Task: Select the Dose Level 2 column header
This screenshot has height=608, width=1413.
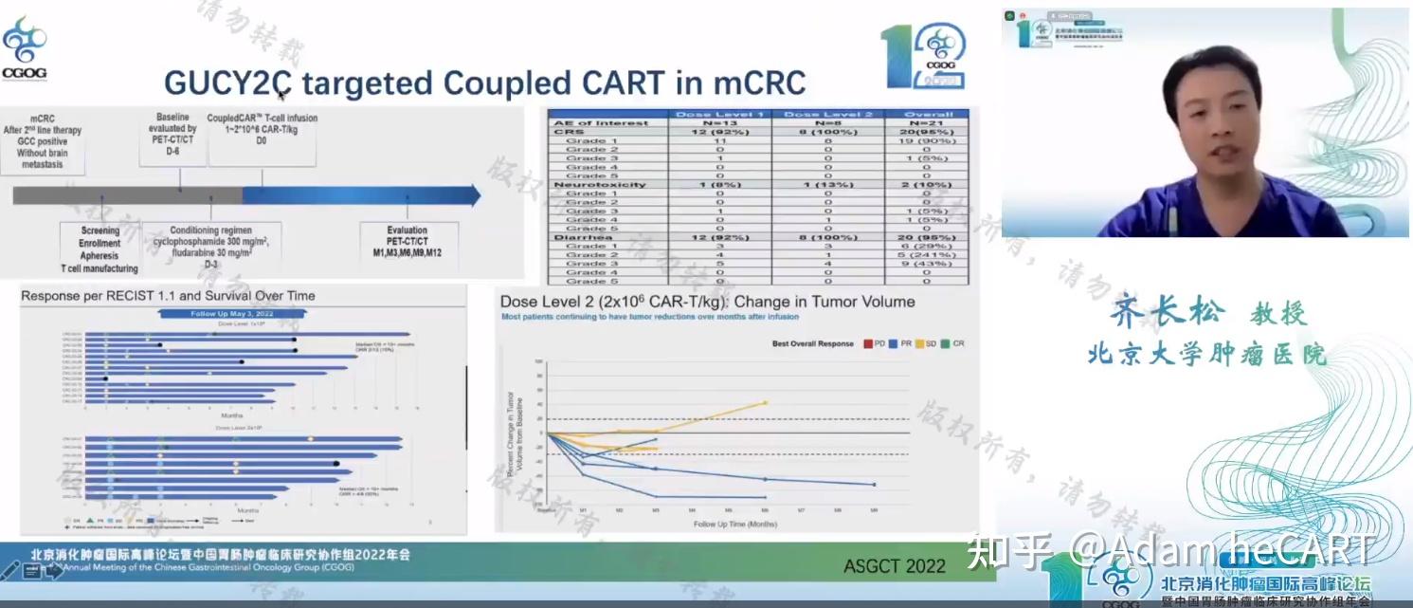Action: point(827,114)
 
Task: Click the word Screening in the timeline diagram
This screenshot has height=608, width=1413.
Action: point(100,230)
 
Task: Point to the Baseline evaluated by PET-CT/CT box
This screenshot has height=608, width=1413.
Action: point(172,138)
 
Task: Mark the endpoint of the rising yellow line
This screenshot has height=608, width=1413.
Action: point(765,402)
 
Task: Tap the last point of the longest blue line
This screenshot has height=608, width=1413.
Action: point(874,485)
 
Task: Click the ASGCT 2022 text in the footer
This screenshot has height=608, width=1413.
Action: point(894,566)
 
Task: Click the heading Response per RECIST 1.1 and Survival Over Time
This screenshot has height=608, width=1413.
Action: point(168,296)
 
